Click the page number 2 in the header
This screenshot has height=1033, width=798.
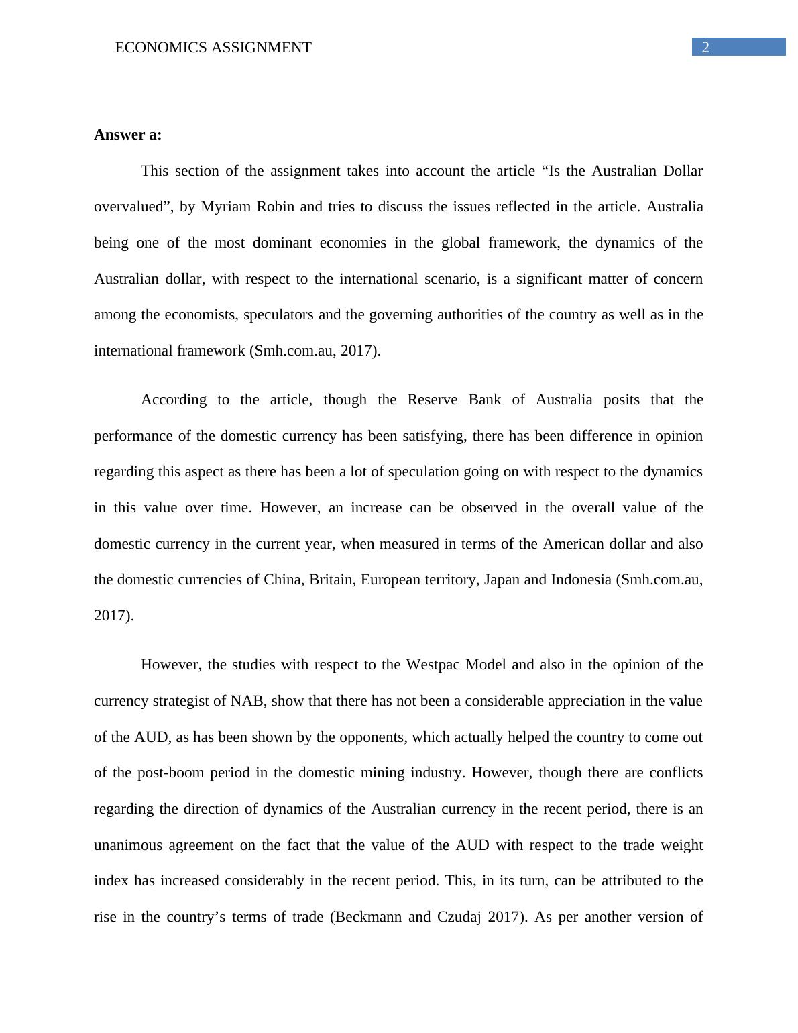point(705,47)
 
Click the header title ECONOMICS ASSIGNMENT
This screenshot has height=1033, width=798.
point(213,48)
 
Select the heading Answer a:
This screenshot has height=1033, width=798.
point(127,135)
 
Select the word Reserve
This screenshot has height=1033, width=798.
point(433,400)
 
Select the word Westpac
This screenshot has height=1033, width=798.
point(433,665)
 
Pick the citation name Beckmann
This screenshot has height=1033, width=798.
point(367,917)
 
